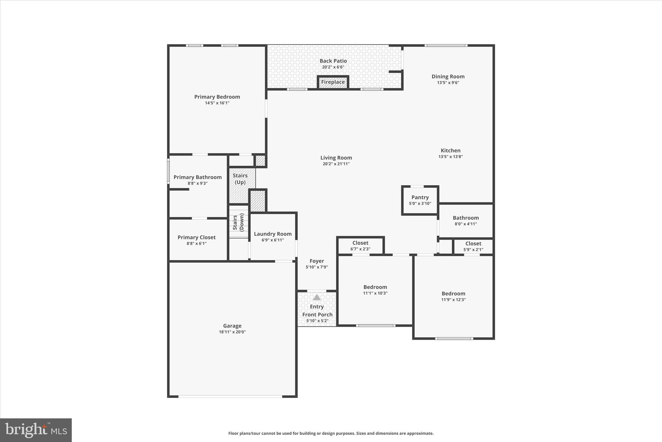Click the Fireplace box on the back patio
(x=333, y=82)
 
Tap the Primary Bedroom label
(x=217, y=97)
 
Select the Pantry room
(x=420, y=200)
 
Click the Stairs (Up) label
(x=240, y=179)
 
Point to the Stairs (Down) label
(x=238, y=222)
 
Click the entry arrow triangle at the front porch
(x=317, y=297)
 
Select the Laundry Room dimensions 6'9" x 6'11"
(x=272, y=240)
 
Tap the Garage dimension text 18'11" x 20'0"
(x=232, y=332)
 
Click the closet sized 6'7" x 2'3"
(x=360, y=246)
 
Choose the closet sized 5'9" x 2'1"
(x=473, y=246)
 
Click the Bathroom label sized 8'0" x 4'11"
(x=465, y=218)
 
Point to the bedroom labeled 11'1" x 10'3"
(x=375, y=290)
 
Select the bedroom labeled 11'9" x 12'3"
(x=453, y=296)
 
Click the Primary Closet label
(x=197, y=237)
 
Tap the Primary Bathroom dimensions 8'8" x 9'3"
(x=198, y=183)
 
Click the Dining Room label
(x=448, y=77)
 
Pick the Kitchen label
(x=450, y=151)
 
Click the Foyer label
(x=316, y=261)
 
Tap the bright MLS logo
(x=36, y=430)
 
